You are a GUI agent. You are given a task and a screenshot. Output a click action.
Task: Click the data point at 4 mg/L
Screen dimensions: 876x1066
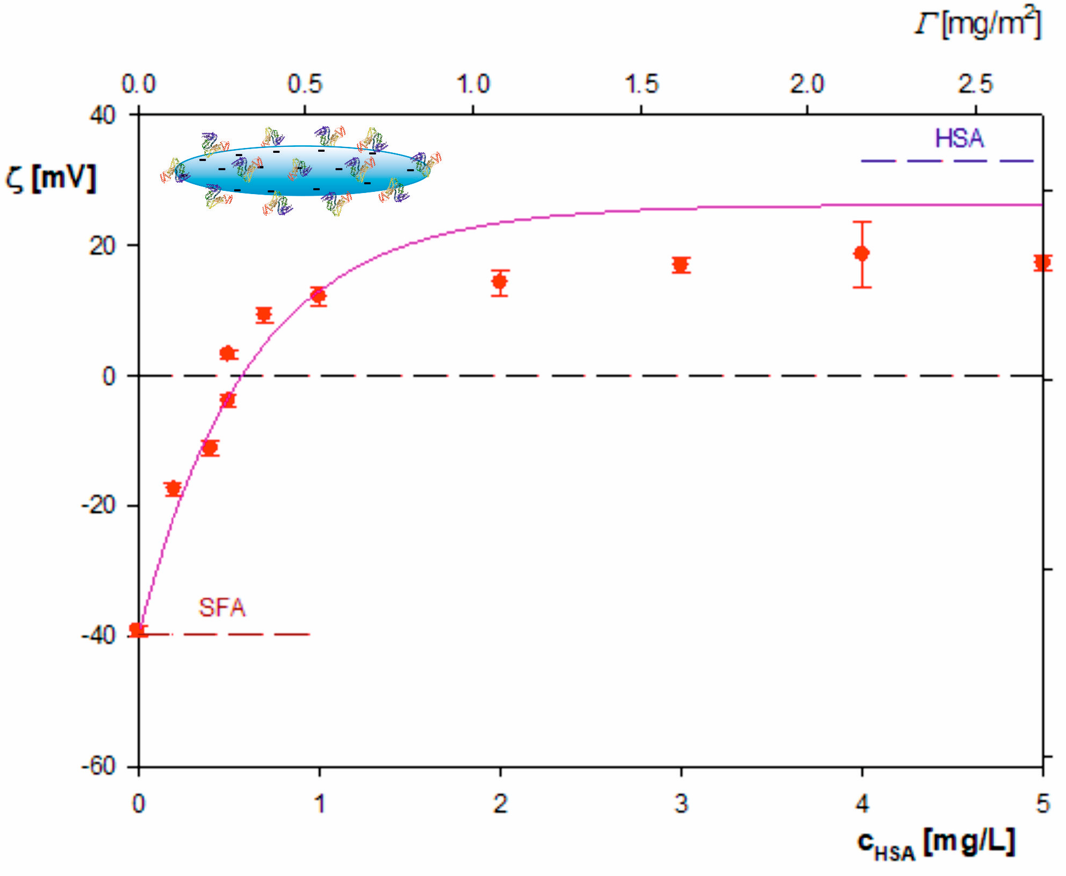pos(862,253)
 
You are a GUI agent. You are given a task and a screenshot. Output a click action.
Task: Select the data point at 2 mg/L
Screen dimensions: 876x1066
pos(500,282)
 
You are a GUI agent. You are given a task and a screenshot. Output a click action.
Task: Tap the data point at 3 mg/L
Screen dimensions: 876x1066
pos(681,265)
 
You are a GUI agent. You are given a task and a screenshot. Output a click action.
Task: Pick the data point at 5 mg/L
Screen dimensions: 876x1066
pos(1042,263)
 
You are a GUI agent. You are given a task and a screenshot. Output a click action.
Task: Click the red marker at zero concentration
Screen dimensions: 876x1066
pos(137,630)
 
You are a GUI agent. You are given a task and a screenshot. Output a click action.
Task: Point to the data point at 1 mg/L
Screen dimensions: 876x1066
pos(319,296)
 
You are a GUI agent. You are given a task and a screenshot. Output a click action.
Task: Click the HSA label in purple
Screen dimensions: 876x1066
pos(959,139)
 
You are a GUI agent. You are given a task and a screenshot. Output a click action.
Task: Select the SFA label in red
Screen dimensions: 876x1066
pos(222,608)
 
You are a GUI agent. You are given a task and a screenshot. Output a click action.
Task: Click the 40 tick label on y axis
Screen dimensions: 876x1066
pos(103,115)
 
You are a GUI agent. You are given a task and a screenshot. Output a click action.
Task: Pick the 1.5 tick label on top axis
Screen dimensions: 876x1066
pos(642,84)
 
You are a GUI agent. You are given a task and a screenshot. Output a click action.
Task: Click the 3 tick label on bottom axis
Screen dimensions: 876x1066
pos(681,803)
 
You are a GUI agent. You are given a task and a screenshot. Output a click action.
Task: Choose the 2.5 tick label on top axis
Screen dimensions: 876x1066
pos(975,84)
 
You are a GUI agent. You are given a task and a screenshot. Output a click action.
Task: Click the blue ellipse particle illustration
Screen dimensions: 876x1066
pos(303,171)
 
